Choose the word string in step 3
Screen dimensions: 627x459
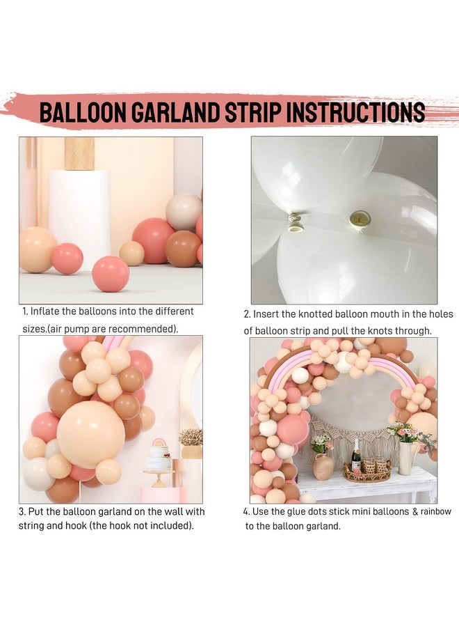click(x=33, y=525)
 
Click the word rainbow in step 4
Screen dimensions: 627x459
click(x=435, y=511)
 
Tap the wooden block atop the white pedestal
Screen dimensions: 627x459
click(x=79, y=153)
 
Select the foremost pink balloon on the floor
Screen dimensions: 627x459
click(x=111, y=273)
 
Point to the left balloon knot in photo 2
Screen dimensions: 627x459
click(x=294, y=222)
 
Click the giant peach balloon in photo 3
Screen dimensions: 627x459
click(x=90, y=434)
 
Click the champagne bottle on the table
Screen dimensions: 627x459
click(x=356, y=458)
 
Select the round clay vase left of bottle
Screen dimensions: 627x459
click(x=323, y=466)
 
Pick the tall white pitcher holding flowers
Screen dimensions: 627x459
click(x=405, y=457)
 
